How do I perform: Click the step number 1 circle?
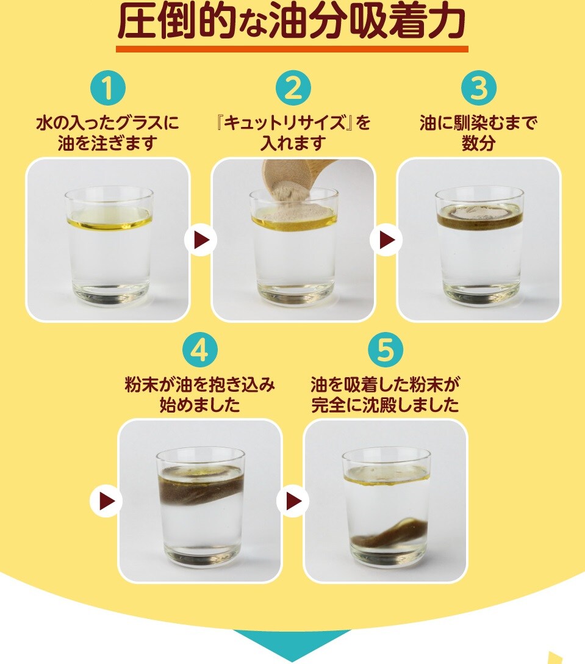(x=108, y=88)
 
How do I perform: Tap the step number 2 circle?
(x=293, y=88)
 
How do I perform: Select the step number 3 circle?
(x=478, y=88)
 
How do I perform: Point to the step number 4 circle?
(x=200, y=350)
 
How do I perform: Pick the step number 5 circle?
(x=385, y=350)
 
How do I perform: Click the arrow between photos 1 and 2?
(x=200, y=240)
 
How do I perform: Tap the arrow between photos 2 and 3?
(x=386, y=240)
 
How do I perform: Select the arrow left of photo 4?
(x=106, y=502)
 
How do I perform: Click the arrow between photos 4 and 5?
(x=293, y=502)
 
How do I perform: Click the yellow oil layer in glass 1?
(x=109, y=221)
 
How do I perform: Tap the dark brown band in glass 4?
(x=201, y=487)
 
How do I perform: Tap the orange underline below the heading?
(x=292, y=49)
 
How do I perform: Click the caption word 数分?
(x=478, y=143)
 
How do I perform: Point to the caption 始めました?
(x=200, y=405)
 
